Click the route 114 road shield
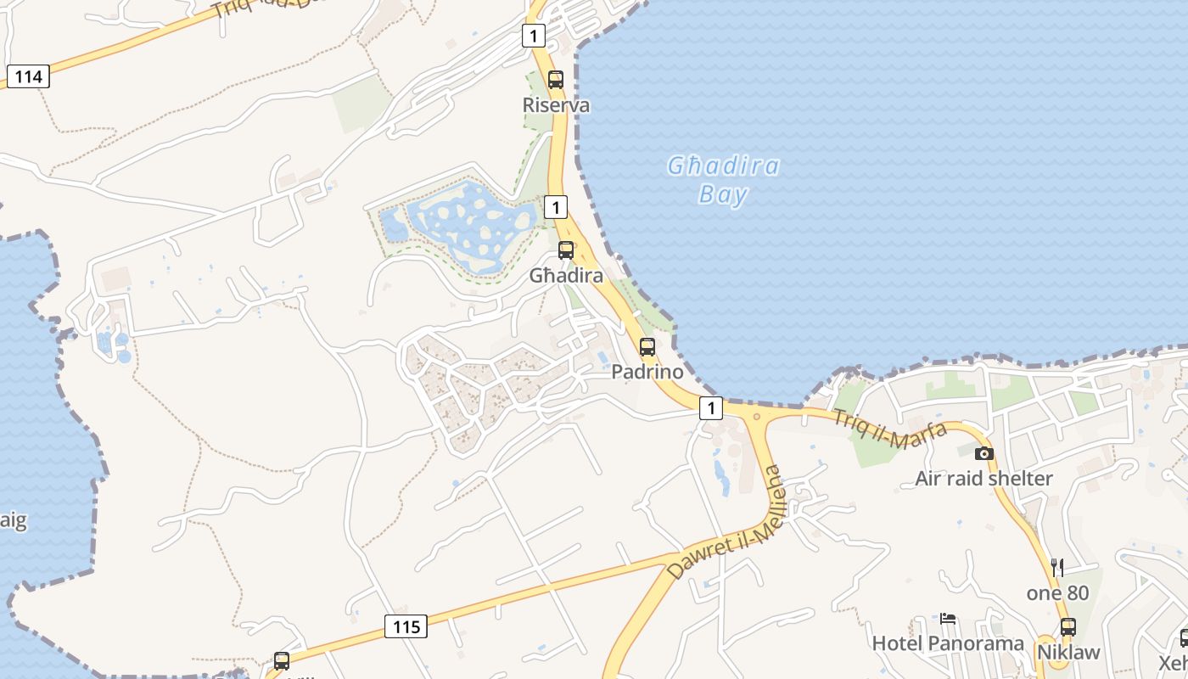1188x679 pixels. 28,76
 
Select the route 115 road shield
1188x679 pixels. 406,627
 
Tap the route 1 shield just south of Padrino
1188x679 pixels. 711,408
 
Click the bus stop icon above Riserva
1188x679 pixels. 556,80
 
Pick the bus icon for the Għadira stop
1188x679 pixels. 566,250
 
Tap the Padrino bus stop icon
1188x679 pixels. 647,347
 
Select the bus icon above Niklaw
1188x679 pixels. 1068,627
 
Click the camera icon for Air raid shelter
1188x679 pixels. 983,453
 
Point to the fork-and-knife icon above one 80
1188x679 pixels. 1057,567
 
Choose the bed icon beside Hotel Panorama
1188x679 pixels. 948,619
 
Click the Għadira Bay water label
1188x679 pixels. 723,180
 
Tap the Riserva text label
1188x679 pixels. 556,105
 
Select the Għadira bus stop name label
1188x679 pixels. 566,276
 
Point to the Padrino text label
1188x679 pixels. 647,373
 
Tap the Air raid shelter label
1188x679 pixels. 983,479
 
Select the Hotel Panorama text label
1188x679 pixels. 948,643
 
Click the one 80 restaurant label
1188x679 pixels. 1057,592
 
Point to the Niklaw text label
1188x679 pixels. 1068,653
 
